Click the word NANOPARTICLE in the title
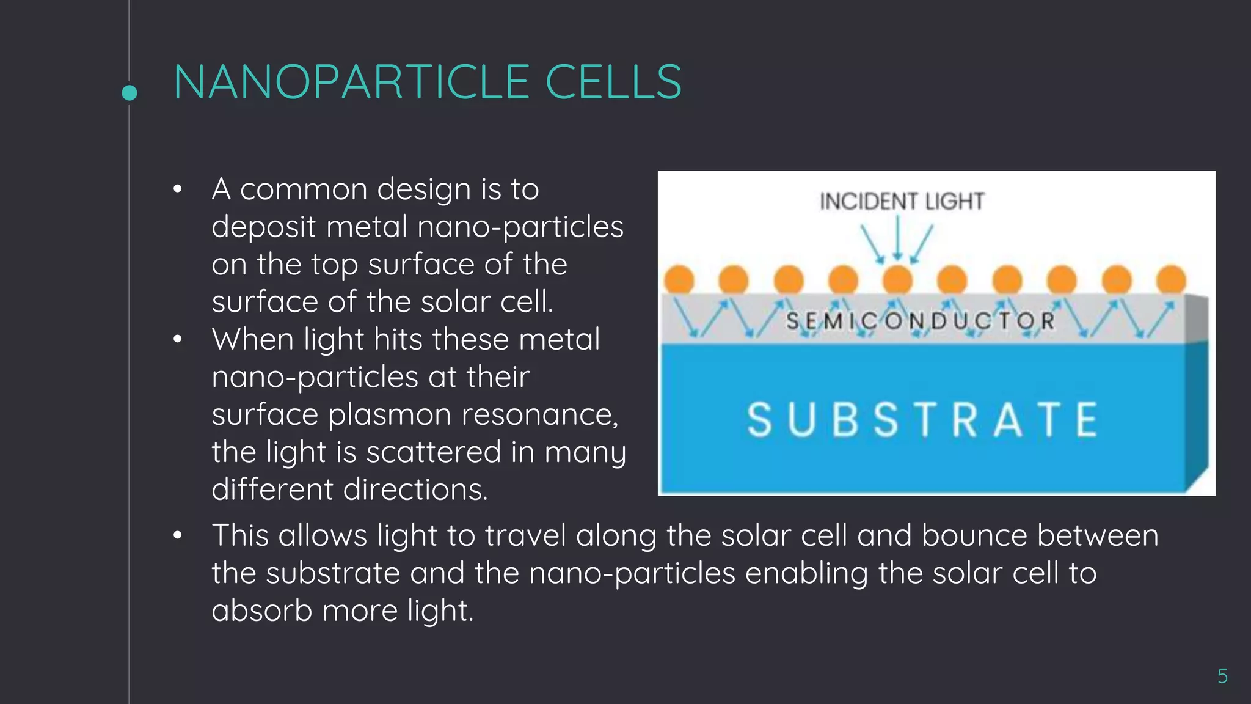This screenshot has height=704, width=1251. point(351,82)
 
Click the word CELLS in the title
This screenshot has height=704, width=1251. point(613,82)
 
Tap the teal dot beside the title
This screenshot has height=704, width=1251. point(129,93)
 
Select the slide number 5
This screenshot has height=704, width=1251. point(1222,676)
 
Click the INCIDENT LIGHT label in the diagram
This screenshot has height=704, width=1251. point(902,202)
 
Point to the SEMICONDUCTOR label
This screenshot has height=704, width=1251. point(921,321)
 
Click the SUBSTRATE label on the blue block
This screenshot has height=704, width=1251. point(922,420)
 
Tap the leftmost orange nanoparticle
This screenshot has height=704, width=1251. point(679,279)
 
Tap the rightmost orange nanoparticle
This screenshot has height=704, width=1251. point(1171,279)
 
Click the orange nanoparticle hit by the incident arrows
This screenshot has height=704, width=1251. point(897,279)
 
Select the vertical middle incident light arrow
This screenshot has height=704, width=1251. point(897,238)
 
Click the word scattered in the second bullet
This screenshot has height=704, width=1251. point(434,452)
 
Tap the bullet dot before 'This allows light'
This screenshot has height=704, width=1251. point(178,536)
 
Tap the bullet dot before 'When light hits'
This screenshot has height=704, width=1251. point(178,339)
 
